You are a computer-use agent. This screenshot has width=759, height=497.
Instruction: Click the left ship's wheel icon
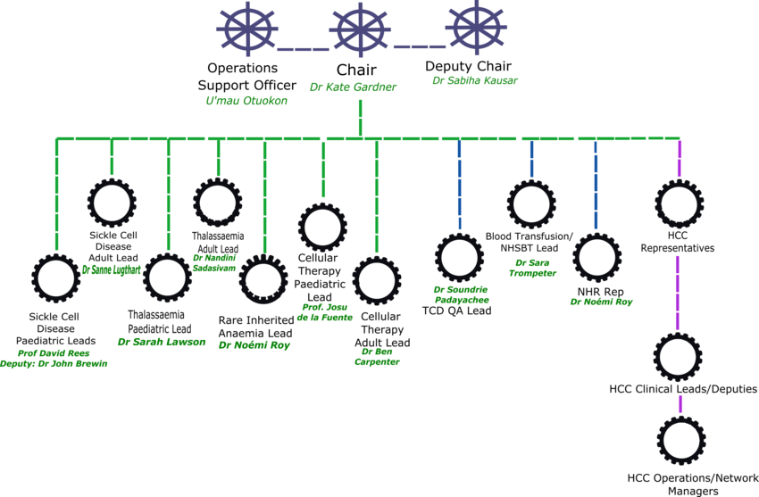tap(246, 29)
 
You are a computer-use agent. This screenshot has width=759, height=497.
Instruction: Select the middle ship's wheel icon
tap(360, 29)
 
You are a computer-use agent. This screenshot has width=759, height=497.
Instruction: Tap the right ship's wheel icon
tap(476, 28)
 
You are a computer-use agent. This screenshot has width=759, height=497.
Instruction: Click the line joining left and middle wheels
tap(303, 49)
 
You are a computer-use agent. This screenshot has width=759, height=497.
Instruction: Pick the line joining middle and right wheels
tap(419, 46)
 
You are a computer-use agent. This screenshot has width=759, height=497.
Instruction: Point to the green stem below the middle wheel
tap(360, 118)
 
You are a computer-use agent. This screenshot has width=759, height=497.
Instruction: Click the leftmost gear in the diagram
tap(55, 277)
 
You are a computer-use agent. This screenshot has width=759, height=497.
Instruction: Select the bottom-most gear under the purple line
tap(681, 441)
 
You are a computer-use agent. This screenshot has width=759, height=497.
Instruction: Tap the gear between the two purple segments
tap(678, 357)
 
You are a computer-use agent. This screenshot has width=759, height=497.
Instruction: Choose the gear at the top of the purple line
tap(679, 203)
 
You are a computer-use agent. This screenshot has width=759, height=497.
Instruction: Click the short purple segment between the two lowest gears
tap(680, 403)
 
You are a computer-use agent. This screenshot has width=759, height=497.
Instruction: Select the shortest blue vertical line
tap(531, 159)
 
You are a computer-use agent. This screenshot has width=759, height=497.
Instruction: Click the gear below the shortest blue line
tap(531, 203)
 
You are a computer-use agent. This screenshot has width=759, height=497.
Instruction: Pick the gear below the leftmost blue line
tap(459, 257)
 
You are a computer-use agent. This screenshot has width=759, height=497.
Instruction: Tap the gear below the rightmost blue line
tap(596, 257)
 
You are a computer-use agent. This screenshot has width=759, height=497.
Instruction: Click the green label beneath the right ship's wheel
tap(475, 80)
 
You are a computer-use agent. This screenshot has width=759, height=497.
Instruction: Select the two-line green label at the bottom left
tap(54, 359)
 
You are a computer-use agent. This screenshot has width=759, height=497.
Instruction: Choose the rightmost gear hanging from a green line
tap(376, 280)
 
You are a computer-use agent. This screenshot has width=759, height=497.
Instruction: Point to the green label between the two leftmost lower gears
tap(112, 269)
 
